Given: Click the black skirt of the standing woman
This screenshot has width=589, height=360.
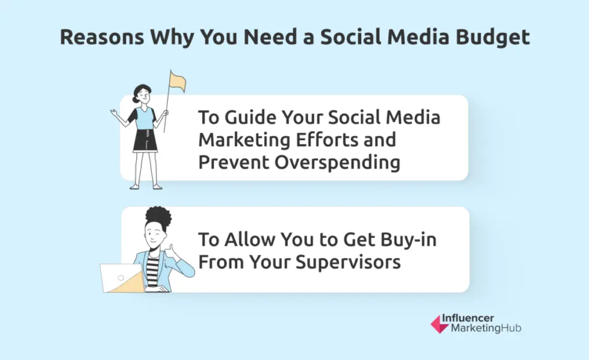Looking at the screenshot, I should pyautogui.click(x=145, y=140).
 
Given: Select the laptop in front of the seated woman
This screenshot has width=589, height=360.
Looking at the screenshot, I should pyautogui.click(x=121, y=278).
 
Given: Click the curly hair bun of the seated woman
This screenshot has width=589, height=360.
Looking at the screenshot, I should pyautogui.click(x=158, y=218).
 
